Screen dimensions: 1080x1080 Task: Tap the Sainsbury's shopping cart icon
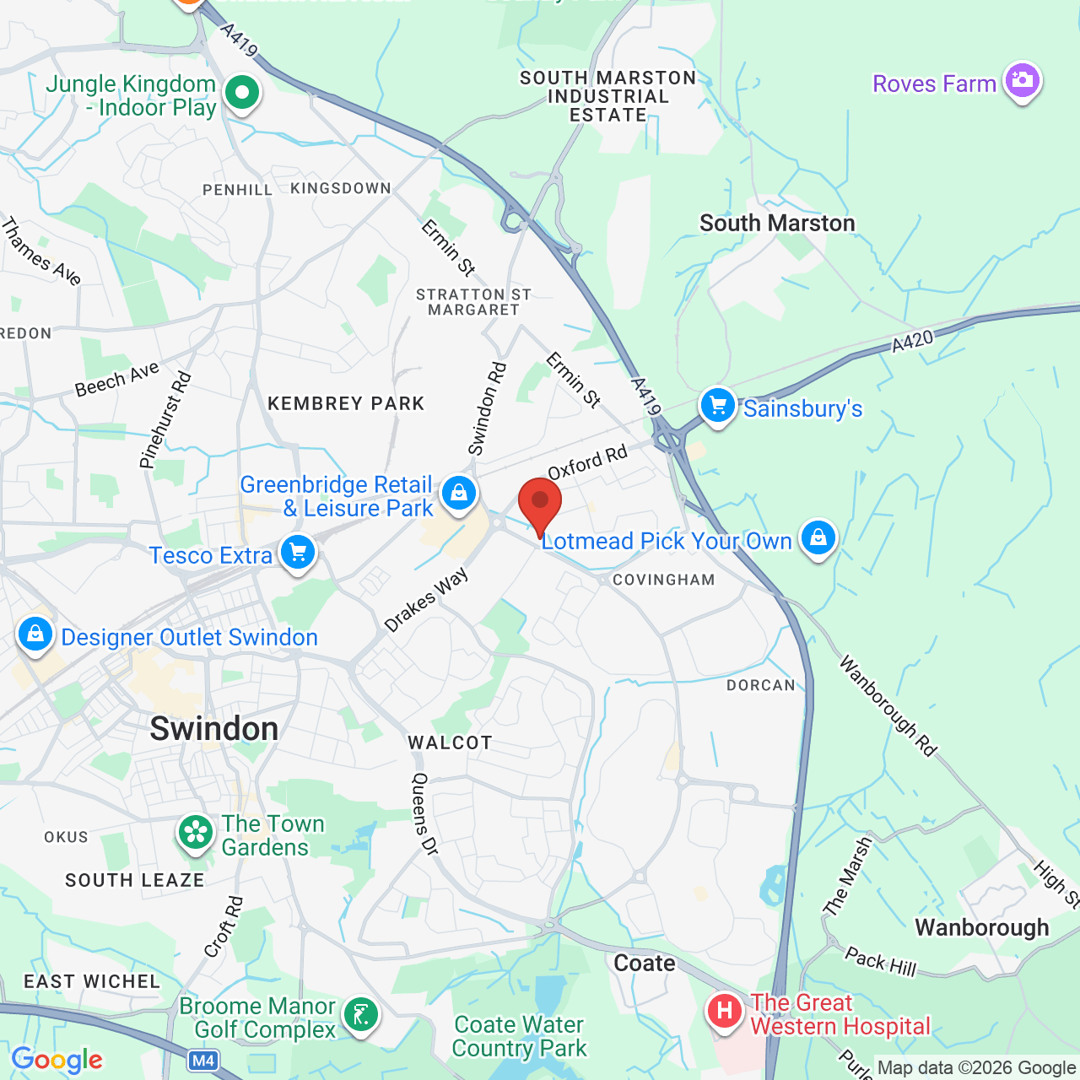717,407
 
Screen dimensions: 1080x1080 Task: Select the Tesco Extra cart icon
298,553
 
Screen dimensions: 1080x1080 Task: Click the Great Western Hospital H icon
724,1010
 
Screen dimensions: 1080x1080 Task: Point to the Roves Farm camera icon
1023,81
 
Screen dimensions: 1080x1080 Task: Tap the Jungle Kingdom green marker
242,93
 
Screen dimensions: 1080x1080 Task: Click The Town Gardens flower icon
196,833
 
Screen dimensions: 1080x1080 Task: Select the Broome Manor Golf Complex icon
361,1014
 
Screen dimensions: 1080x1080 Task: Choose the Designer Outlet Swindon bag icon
35,634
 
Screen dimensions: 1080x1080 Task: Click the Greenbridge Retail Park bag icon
459,492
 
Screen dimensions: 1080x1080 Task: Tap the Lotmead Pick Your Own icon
818,537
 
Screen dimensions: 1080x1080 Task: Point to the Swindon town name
214,729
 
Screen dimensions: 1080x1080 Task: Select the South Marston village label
777,224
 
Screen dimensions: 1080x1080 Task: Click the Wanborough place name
981,927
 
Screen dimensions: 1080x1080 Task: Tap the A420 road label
913,341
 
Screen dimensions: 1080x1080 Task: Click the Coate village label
645,963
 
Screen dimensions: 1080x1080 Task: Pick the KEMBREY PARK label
346,404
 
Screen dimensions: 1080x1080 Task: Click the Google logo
57,1060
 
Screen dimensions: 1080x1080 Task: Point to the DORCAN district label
761,685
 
